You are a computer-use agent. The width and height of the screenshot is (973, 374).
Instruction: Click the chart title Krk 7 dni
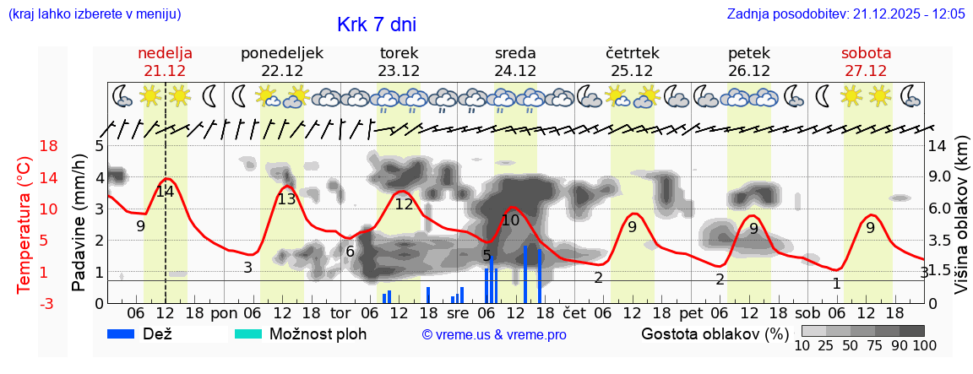tap(376, 24)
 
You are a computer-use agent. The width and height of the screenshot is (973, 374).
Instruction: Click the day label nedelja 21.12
tap(166, 62)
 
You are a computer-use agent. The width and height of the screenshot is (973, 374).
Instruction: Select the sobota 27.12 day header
tap(866, 62)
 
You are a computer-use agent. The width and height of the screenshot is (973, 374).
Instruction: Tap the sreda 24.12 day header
tap(515, 62)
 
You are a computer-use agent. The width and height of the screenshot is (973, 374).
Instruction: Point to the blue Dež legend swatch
tap(127, 333)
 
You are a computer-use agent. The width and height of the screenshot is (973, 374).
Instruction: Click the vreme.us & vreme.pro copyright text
tap(494, 334)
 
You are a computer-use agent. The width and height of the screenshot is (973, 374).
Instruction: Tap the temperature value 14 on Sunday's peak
tap(165, 191)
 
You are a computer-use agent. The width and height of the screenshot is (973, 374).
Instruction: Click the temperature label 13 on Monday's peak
tap(287, 199)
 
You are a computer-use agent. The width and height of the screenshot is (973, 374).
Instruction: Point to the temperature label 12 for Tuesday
tap(404, 203)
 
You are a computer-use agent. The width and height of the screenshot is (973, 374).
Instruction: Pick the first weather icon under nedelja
tap(122, 96)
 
